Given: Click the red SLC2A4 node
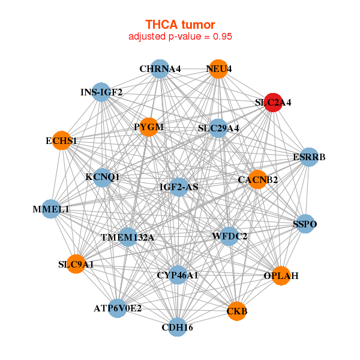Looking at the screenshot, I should [273, 103].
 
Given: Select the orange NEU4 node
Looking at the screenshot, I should [219, 69].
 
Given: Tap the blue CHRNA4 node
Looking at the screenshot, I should [160, 69].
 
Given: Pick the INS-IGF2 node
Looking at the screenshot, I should [102, 92].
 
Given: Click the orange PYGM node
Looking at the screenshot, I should [149, 127].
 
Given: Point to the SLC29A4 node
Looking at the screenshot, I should [218, 128].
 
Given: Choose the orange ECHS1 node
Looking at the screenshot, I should [61, 141].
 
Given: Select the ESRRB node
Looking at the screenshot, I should [308, 157].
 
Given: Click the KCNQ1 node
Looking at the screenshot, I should [103, 177].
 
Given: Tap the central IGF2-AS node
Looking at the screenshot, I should [179, 187].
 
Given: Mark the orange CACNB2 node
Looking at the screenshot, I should [257, 179].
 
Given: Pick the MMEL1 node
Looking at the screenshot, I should [51, 209].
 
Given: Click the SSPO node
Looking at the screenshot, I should [305, 224].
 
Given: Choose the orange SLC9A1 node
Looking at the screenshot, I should [76, 264].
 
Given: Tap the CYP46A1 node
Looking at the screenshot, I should [177, 275].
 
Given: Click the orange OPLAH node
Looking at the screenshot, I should [281, 276].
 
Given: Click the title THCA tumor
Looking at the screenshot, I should [180, 24].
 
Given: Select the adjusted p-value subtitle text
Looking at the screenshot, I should [180, 36].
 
